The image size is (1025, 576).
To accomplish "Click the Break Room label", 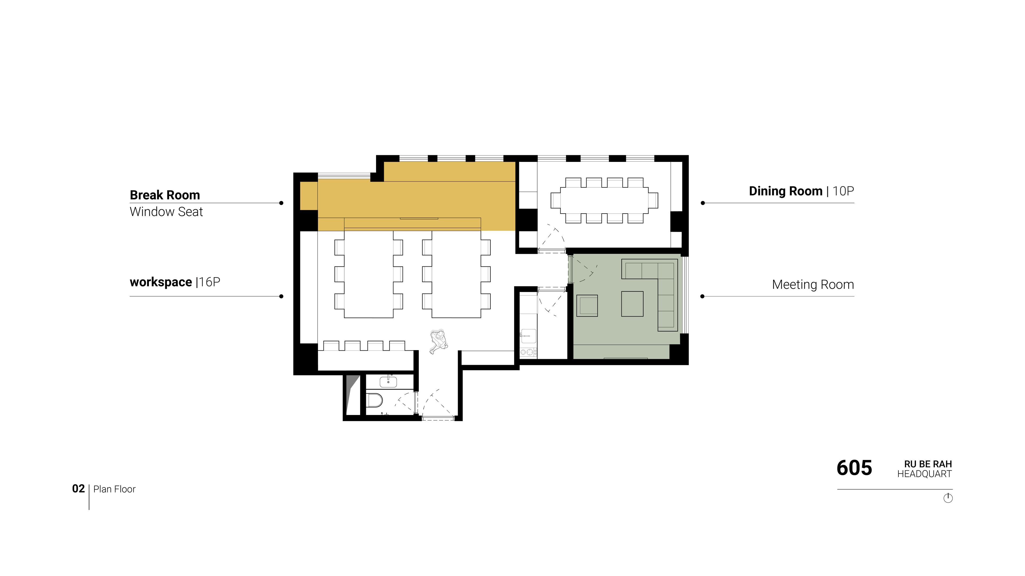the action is coord(165,195).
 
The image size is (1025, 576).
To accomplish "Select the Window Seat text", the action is coord(166,211).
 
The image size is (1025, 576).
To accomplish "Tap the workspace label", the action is coord(161,282).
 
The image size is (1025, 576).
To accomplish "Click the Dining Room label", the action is coord(786,191).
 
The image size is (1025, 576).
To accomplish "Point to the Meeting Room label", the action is coord(813,285).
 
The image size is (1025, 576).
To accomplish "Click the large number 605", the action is coord(854,468).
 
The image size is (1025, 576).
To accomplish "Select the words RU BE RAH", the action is coord(928,464).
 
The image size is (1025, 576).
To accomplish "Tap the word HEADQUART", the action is coord(924,474).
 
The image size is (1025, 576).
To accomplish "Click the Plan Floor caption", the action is coord(115,489).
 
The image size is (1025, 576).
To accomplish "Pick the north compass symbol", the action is coord(948,498).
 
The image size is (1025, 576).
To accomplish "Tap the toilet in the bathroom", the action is coord(374,400).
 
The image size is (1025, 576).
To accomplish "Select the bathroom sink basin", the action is coord(388,382).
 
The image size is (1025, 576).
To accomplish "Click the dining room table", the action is coord(604,200).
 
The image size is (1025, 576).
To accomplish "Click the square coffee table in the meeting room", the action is coord(632,304).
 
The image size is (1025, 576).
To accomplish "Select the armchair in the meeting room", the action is coord(587,306).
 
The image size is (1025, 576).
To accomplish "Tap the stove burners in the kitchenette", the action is coord(528,352).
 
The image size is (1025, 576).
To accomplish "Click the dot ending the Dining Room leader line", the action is coord(703,203).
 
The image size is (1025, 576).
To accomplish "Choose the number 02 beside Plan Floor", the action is coord(78,489).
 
